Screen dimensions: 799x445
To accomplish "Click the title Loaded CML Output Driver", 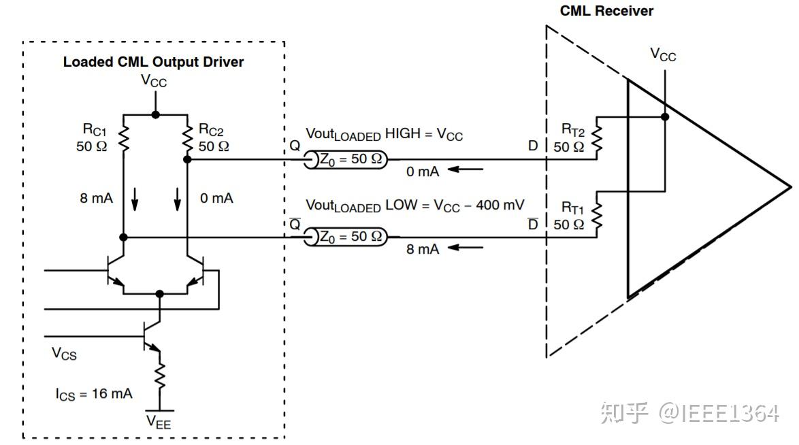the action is [153, 62].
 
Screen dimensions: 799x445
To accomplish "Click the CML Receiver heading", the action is [606, 11].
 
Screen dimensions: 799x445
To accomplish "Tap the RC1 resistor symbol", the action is [123, 138].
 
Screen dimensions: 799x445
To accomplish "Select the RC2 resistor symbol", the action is [188, 138].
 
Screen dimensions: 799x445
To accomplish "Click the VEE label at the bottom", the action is [159, 422].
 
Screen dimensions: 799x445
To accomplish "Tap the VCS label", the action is [64, 353].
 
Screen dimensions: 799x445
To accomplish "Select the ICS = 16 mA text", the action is [94, 394].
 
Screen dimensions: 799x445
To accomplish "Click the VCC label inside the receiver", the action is [663, 54].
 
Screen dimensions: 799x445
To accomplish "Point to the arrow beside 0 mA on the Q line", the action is [466, 169].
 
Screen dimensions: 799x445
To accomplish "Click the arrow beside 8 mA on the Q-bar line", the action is [466, 248].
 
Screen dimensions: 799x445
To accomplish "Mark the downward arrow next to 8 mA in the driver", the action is [135, 199].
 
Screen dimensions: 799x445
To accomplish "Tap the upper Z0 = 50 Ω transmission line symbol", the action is [346, 159].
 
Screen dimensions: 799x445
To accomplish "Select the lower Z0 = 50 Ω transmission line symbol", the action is [346, 237].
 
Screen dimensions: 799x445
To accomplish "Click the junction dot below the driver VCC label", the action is [155, 115].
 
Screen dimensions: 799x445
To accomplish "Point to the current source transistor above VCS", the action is [152, 336].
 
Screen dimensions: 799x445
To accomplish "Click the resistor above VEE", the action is [160, 376].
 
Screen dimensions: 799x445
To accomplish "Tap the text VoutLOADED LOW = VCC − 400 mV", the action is [414, 205].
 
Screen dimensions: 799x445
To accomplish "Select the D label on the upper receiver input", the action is [533, 146].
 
